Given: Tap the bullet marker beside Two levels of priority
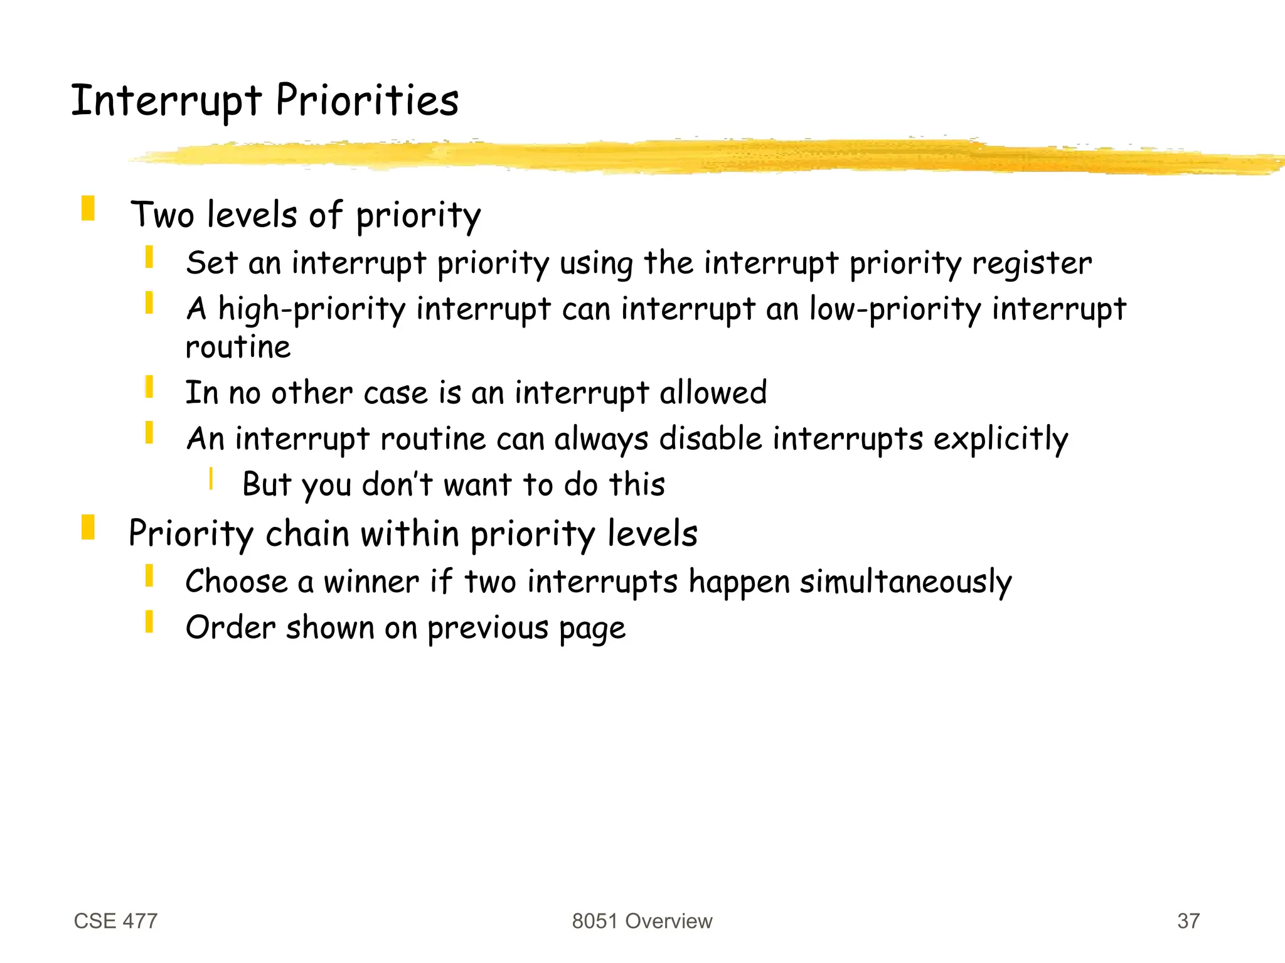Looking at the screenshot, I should pyautogui.click(x=88, y=208).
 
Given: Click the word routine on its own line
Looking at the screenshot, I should pyautogui.click(x=238, y=347).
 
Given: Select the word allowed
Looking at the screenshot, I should pyautogui.click(x=713, y=393).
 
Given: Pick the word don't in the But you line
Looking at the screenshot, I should pyautogui.click(x=397, y=484).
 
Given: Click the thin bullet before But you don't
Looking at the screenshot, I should pyautogui.click(x=211, y=479).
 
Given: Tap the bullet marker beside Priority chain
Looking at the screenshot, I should pyautogui.click(x=88, y=527).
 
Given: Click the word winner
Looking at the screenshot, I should pyautogui.click(x=371, y=581).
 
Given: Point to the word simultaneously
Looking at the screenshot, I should pyautogui.click(x=905, y=582).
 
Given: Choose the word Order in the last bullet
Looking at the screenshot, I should pyautogui.click(x=230, y=627).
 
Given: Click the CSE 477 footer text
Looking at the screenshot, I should pyautogui.click(x=115, y=921).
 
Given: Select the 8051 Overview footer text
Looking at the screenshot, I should pyautogui.click(x=642, y=921).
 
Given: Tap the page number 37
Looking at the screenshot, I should pyautogui.click(x=1188, y=921).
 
